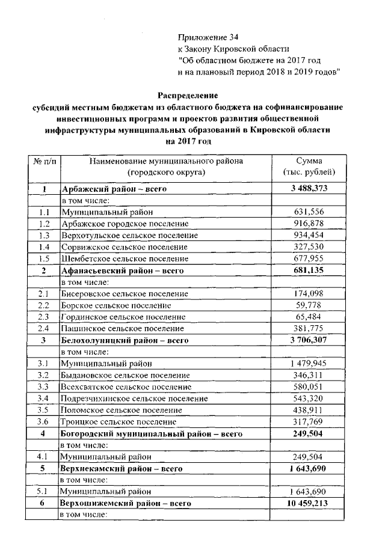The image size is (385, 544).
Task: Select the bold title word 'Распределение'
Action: (x=188, y=95)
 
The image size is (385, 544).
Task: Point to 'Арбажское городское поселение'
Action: (x=120, y=224)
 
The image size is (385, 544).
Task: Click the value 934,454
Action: (x=309, y=236)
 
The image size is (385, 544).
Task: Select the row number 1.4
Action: (x=43, y=247)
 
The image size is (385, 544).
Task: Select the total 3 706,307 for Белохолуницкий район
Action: (x=309, y=340)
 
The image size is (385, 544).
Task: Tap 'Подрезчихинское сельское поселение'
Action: (x=134, y=398)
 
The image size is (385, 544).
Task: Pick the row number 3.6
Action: (x=43, y=421)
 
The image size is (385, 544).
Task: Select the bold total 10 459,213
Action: (x=309, y=503)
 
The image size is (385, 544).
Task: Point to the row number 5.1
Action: (x=43, y=491)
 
